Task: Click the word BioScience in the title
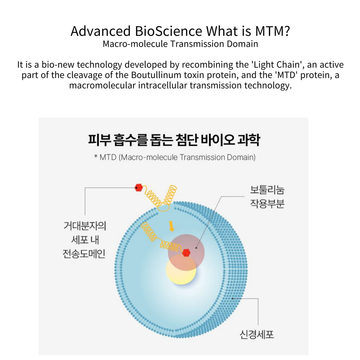[x=168, y=31]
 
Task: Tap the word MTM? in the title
[x=272, y=31]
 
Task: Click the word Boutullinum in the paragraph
[x=156, y=75]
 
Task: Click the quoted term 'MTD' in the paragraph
[x=286, y=75]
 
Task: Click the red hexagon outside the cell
[x=139, y=188]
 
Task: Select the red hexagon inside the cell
[x=186, y=252]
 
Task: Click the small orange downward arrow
[x=172, y=226]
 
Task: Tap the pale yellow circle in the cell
[x=181, y=269]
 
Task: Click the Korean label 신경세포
[x=257, y=335]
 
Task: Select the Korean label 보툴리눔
[x=267, y=190]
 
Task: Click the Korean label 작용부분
[x=267, y=204]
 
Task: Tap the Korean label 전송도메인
[x=84, y=254]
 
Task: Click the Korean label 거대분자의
[x=85, y=226]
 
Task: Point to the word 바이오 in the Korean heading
[x=218, y=140]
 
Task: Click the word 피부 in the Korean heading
[x=99, y=140]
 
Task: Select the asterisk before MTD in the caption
[x=96, y=156]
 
